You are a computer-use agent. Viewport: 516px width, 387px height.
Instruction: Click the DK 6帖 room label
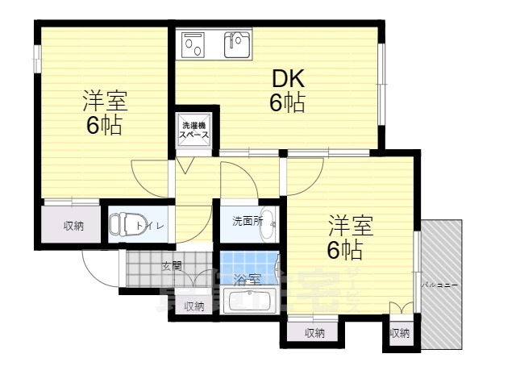pyautogui.click(x=287, y=91)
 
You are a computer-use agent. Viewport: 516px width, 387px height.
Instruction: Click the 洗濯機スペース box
pyautogui.click(x=194, y=131)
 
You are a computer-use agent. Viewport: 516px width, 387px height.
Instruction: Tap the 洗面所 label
pyautogui.click(x=248, y=220)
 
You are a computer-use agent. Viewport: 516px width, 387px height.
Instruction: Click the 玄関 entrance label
pyautogui.click(x=171, y=265)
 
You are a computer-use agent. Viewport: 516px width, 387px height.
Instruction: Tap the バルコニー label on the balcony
pyautogui.click(x=439, y=285)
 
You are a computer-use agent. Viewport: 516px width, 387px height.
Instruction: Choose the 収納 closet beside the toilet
pyautogui.click(x=73, y=226)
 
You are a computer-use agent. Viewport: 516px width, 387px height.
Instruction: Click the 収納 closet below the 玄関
pyautogui.click(x=193, y=306)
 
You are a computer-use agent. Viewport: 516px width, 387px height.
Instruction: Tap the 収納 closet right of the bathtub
pyautogui.click(x=314, y=332)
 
